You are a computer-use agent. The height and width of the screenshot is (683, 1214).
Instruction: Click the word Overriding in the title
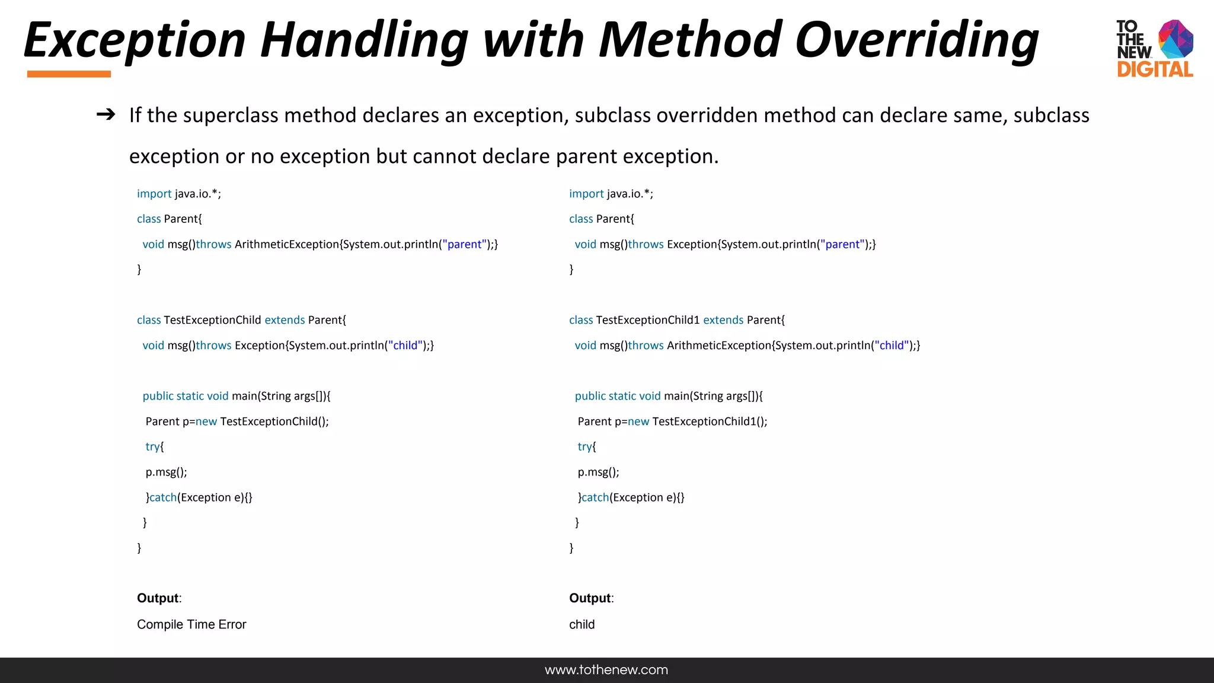click(916, 40)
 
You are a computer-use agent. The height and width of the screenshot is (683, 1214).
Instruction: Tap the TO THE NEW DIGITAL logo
click(1154, 49)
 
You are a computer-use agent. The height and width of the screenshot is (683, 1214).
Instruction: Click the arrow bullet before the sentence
click(106, 114)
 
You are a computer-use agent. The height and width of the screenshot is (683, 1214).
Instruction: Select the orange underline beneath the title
click(69, 74)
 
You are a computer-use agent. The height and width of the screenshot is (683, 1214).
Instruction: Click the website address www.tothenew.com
click(606, 670)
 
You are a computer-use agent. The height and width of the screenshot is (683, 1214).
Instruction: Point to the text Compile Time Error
click(191, 624)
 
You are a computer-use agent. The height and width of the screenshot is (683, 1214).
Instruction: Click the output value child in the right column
click(582, 624)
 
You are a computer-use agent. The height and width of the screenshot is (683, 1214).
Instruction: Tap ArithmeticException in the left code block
click(287, 244)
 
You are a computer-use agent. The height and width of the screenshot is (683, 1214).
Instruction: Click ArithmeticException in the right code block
click(719, 346)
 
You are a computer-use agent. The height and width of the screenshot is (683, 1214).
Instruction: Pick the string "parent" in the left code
click(465, 244)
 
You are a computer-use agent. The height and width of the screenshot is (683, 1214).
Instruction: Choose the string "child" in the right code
click(892, 346)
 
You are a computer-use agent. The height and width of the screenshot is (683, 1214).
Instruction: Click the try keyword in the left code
click(153, 446)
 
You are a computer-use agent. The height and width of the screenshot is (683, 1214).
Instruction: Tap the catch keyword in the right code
click(595, 497)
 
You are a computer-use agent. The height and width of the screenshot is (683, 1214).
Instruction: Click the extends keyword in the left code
click(285, 320)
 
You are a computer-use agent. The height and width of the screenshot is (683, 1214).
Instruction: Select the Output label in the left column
click(158, 598)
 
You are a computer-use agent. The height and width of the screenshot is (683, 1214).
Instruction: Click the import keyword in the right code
click(586, 194)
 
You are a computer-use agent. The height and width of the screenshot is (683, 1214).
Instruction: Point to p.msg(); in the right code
click(598, 472)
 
